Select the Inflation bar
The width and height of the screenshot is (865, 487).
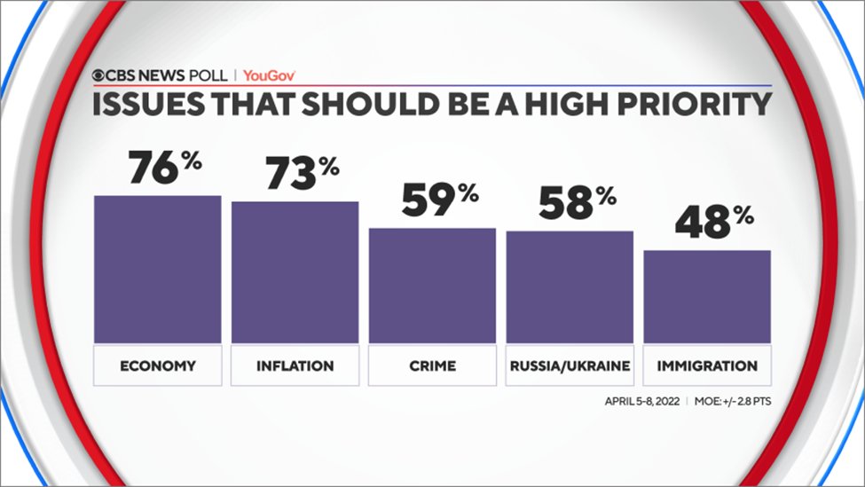[x=295, y=272]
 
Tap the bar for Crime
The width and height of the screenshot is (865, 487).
[x=432, y=286]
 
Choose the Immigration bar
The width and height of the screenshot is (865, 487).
[x=707, y=296]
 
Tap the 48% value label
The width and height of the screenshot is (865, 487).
[x=714, y=223]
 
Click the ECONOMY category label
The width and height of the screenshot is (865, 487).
[x=158, y=365]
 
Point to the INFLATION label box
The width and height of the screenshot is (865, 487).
[x=295, y=365]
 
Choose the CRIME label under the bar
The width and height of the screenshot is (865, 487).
[x=432, y=365]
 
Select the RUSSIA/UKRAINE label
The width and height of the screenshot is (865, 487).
[x=570, y=365]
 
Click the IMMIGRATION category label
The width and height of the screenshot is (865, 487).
[x=707, y=365]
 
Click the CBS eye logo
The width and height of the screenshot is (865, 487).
[x=99, y=75]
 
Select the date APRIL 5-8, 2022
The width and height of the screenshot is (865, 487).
[x=642, y=401]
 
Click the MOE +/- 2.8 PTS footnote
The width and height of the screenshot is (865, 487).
[x=735, y=401]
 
